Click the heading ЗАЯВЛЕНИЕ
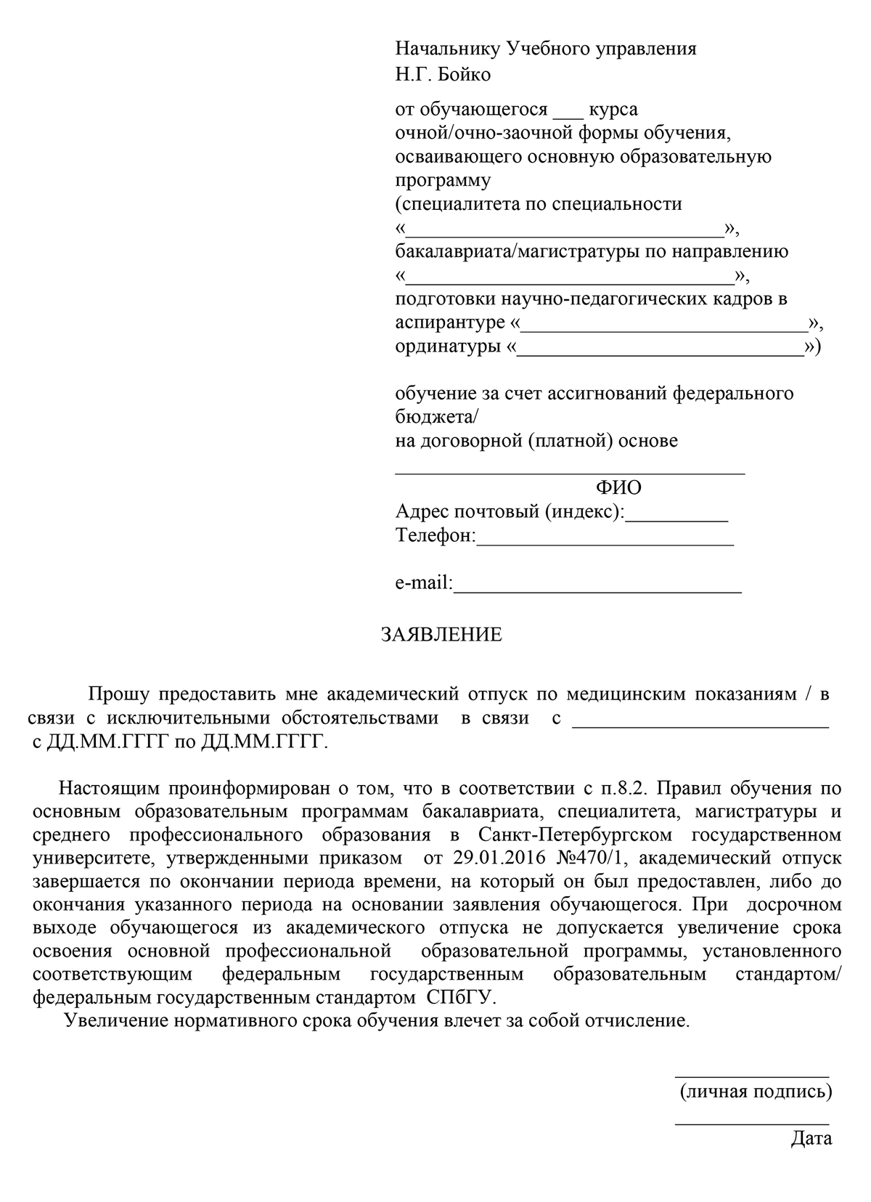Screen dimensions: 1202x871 [x=441, y=635]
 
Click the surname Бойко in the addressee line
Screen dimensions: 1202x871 [x=465, y=74]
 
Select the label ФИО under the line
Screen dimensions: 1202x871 [x=618, y=487]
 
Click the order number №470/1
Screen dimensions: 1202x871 [x=592, y=858]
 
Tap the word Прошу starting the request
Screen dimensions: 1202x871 [x=118, y=694]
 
